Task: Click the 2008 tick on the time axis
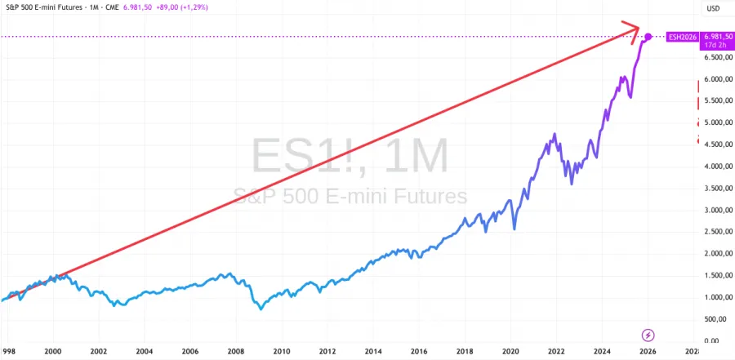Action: pyautogui.click(x=235, y=352)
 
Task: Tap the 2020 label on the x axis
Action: pyautogui.click(x=510, y=352)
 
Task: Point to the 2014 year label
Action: pyautogui.click(x=373, y=352)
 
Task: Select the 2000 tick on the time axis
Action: pyautogui.click(x=53, y=352)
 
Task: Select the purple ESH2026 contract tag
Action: pyautogui.click(x=681, y=37)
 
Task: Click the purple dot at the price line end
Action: pyautogui.click(x=648, y=37)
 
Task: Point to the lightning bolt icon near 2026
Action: pyautogui.click(x=648, y=335)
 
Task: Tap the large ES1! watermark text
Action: pyautogui.click(x=349, y=156)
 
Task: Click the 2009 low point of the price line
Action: pyautogui.click(x=261, y=309)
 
